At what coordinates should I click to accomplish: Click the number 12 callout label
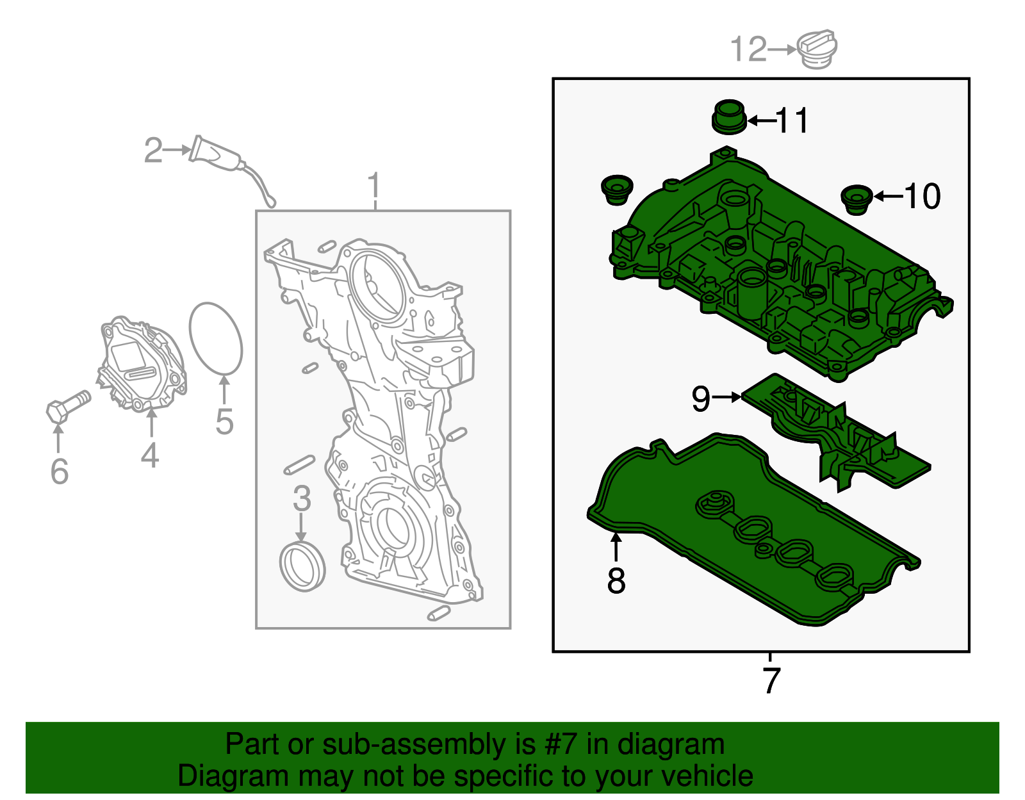(748, 49)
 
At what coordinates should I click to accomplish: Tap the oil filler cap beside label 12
(817, 49)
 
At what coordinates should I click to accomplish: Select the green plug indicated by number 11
(729, 117)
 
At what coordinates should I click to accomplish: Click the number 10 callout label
(922, 196)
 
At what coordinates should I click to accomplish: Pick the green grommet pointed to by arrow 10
(857, 200)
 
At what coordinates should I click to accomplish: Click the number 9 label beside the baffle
(701, 398)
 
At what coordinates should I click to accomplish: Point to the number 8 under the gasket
(616, 580)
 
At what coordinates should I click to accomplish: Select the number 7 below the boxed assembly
(771, 680)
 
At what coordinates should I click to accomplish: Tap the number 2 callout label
(153, 151)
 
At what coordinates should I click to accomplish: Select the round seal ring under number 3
(303, 567)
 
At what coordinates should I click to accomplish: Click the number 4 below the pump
(150, 455)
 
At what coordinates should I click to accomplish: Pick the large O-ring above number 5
(216, 338)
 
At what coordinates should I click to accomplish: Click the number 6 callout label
(59, 471)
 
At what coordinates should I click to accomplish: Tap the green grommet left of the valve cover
(616, 190)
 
